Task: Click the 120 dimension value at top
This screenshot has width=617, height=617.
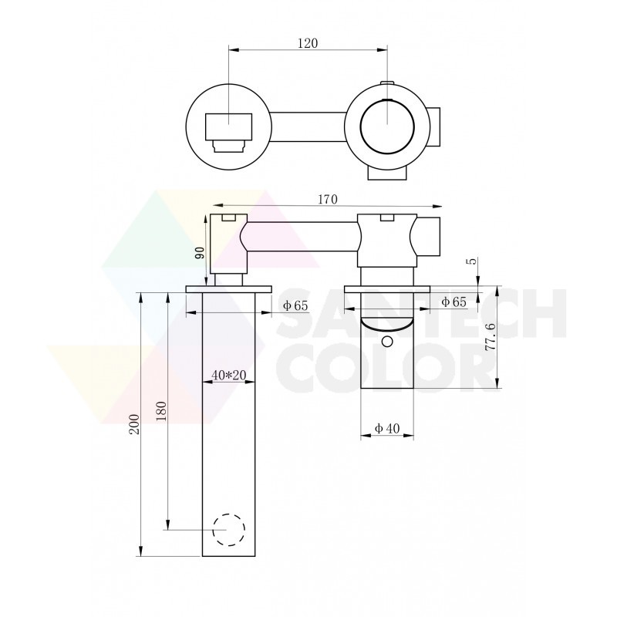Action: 308,42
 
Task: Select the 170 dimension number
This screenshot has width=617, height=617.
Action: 328,200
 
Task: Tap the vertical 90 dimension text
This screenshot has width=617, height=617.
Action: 201,252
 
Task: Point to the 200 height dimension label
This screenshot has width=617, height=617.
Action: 134,423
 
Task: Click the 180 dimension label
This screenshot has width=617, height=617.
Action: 161,411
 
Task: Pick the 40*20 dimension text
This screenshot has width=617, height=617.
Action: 228,375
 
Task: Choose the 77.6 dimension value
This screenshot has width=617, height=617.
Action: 490,336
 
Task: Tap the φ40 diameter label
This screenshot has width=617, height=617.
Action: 387,428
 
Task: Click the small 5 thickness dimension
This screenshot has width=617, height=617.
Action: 473,261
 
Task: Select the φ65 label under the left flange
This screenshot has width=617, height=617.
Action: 295,305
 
